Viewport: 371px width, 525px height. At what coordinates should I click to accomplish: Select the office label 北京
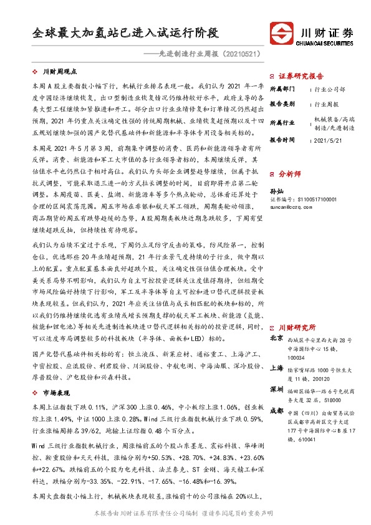(x=276, y=339)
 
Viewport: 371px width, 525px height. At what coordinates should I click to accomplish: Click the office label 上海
(x=276, y=368)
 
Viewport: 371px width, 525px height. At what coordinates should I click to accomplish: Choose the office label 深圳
(x=276, y=389)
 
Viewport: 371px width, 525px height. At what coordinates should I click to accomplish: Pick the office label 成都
(x=276, y=411)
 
